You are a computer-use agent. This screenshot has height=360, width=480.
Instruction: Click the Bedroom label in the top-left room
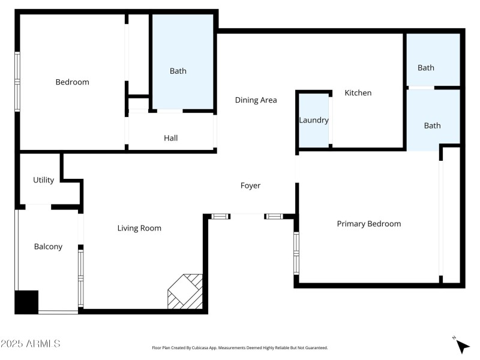[x=72, y=82]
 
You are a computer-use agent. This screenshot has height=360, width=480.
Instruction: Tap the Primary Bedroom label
[x=368, y=224]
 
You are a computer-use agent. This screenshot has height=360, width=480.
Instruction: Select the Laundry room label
[x=314, y=120]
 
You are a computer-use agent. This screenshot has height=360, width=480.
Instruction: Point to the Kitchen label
[x=358, y=93]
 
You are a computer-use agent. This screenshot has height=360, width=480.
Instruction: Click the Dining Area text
[x=256, y=100]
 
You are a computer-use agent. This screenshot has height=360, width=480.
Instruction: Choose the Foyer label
[x=250, y=186]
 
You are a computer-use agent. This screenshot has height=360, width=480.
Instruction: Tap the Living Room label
[x=139, y=228]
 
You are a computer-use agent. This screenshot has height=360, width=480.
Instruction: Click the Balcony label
[x=48, y=247]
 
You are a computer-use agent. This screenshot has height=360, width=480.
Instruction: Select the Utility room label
[x=43, y=180]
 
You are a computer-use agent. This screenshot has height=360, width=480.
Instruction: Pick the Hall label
[x=171, y=138]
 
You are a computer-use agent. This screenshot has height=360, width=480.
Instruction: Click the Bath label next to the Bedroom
[x=178, y=71]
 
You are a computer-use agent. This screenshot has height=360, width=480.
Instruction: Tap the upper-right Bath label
[x=426, y=68]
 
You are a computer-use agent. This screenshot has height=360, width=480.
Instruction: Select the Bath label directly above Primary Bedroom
[x=432, y=125]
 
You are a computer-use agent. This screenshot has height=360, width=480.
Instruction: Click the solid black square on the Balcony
[x=26, y=302]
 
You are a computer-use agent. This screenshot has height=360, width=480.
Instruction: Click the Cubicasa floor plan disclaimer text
[x=240, y=348]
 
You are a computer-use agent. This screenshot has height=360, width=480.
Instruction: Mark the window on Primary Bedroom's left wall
[x=296, y=253]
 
